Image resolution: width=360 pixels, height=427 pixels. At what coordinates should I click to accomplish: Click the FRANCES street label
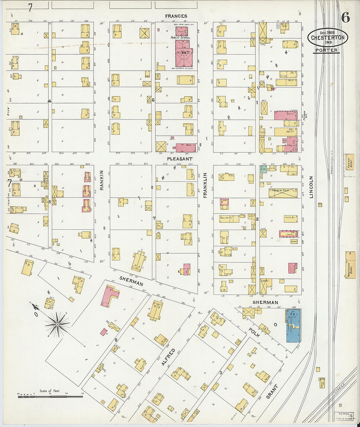[x=176, y=16]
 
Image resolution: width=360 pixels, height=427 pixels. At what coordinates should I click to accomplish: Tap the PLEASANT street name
[x=180, y=159]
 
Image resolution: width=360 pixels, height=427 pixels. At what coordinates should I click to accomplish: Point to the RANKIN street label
[x=102, y=180]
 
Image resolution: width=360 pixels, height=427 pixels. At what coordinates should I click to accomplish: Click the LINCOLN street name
[x=311, y=187]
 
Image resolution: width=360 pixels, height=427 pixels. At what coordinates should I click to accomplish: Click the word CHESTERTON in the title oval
[x=328, y=38]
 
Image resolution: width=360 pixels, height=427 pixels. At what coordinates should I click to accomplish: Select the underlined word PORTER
[x=326, y=50]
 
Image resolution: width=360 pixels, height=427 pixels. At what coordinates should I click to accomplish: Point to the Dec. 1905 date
[x=327, y=32]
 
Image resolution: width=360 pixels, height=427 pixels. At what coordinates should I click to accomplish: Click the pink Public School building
[x=183, y=54]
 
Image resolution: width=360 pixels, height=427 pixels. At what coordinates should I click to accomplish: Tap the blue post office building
[x=293, y=326]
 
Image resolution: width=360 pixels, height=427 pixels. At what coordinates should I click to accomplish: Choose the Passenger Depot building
[x=350, y=264]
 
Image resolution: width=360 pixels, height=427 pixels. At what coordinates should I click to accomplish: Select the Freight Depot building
[x=350, y=162]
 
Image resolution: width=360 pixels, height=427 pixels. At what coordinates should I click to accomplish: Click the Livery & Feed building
[x=283, y=193]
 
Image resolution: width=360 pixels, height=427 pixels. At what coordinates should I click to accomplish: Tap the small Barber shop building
[x=294, y=241]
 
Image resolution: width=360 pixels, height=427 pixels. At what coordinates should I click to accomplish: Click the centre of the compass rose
[x=58, y=324]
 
